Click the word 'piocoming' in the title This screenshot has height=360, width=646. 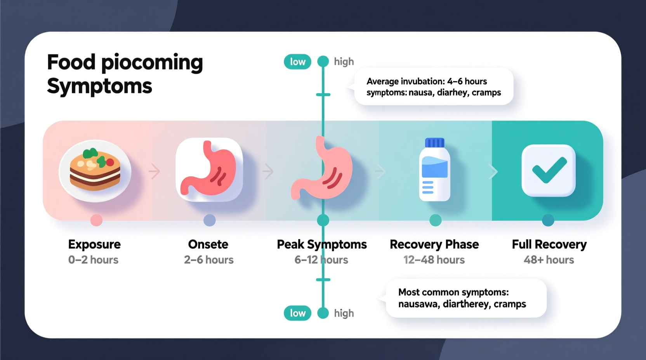152,63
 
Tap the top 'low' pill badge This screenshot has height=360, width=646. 297,62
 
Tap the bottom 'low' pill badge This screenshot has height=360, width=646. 297,313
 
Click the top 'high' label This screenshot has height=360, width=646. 344,62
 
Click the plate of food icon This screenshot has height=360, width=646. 95,171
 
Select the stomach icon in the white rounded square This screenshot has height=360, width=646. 209,170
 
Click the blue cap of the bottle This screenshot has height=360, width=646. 434,143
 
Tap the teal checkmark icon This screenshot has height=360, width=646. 549,170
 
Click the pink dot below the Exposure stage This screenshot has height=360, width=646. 96,220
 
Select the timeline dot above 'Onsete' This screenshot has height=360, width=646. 210,220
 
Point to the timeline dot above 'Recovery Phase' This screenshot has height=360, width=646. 436,220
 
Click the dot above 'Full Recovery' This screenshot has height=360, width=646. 548,220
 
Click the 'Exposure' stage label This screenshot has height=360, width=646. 94,244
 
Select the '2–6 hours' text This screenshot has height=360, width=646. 209,260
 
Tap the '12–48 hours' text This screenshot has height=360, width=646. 434,260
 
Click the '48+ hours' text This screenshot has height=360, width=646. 549,260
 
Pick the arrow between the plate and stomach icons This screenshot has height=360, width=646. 155,171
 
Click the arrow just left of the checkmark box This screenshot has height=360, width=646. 493,171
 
